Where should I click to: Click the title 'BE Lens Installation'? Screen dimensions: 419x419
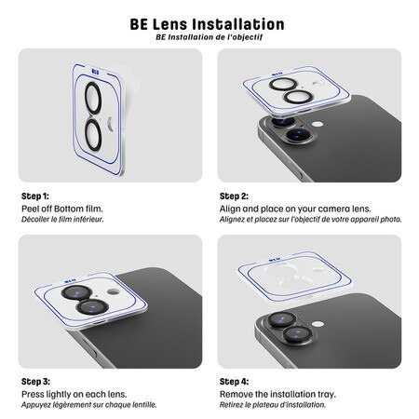207,24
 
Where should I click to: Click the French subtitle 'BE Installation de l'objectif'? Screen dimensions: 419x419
209,37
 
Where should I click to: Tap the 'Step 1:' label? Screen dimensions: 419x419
35,196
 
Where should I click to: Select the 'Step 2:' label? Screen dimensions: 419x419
234,196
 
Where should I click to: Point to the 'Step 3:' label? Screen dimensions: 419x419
35,382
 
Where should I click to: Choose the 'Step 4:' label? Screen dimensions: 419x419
234,382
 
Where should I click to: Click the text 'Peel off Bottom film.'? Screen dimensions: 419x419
62,209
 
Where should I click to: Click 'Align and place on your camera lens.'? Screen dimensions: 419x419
295,209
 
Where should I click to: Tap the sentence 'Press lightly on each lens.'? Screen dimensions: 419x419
74,394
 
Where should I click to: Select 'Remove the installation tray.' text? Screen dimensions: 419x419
277,394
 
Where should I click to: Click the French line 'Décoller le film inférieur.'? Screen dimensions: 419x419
62,220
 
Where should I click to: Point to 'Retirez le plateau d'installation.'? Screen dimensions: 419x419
273,405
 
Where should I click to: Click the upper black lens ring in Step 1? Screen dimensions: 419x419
86,100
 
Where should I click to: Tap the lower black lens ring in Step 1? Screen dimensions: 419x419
86,137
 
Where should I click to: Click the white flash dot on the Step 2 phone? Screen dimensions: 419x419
318,124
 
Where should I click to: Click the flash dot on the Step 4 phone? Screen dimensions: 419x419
318,324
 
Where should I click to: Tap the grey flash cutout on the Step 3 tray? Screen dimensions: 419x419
113,291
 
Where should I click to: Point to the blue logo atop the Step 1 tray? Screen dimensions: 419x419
96,73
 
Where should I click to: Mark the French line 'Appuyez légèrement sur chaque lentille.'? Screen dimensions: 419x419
89,405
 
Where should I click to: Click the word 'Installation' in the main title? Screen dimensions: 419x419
237,24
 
